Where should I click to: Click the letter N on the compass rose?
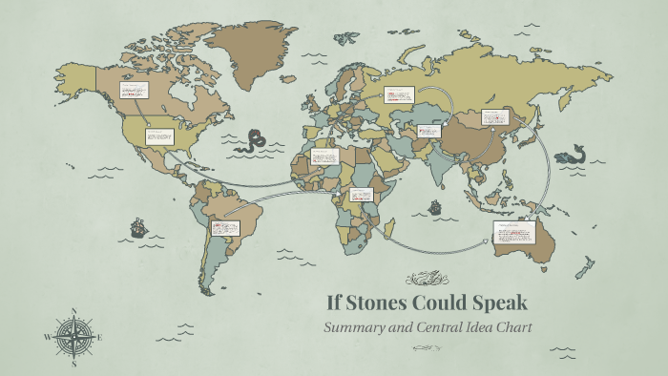coord(74,310)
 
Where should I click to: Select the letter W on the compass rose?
coord(47,337)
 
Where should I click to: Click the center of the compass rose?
coord(73,336)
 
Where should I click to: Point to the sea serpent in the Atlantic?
coord(253,142)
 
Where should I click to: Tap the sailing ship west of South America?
coord(137,227)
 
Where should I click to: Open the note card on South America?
coord(224,228)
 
